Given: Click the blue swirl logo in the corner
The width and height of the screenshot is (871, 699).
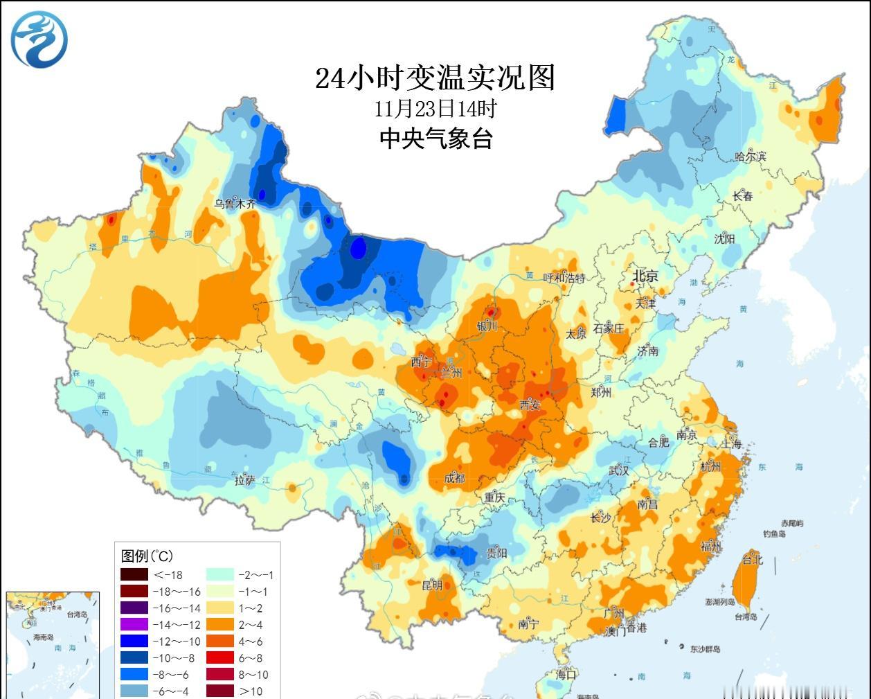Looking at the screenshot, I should [x=39, y=39].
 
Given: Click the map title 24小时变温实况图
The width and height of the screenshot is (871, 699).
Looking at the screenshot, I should [x=435, y=78].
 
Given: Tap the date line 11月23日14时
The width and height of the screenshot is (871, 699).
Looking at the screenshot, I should [x=435, y=109].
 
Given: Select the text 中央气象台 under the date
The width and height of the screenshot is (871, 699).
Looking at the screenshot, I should [x=435, y=139].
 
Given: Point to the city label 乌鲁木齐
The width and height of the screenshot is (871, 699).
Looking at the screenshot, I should [x=235, y=204].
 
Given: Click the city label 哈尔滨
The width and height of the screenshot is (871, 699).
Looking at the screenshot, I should [x=751, y=157].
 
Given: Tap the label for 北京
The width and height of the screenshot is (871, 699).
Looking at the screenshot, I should [x=645, y=276].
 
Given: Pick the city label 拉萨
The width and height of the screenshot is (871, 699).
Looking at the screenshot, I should [x=245, y=480].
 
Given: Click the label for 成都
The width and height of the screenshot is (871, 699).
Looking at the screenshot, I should [x=455, y=479].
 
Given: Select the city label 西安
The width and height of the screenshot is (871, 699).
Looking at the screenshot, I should [x=530, y=405].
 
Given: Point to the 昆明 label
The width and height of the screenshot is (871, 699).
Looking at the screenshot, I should [x=432, y=585].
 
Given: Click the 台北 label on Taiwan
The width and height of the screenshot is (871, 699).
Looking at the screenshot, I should [x=752, y=559].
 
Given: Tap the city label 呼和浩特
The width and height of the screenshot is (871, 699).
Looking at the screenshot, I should [x=564, y=278].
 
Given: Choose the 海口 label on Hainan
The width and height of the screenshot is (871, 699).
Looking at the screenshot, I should [x=566, y=673].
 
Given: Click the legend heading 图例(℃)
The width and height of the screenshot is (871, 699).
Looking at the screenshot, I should [x=147, y=556].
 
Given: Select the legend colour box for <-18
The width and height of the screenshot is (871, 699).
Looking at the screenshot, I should [x=134, y=574].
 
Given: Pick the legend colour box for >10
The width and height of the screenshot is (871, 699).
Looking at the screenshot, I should [x=219, y=691].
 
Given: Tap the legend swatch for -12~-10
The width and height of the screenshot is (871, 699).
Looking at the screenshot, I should [x=134, y=641].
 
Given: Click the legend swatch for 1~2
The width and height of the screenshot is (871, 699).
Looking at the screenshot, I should [x=219, y=608].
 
